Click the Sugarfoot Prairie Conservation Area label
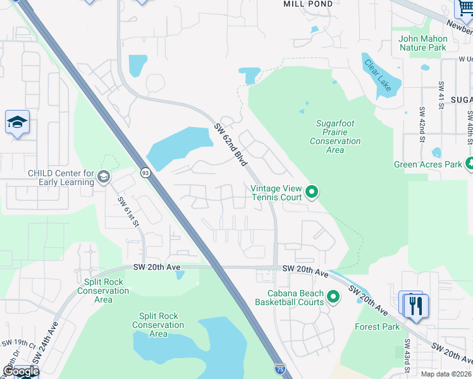tap(335, 137)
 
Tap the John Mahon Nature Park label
tap(422, 43)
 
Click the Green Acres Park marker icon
tap(469, 164)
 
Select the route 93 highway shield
tap(145, 172)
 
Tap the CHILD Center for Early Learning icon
tap(103, 177)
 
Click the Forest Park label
tap(377, 327)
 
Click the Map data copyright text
tap(445, 374)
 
